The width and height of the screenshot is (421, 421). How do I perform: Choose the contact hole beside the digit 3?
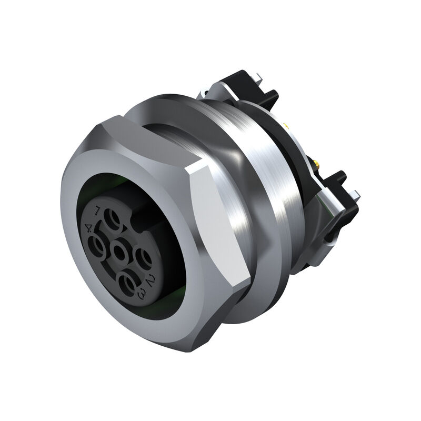[x=128, y=283]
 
